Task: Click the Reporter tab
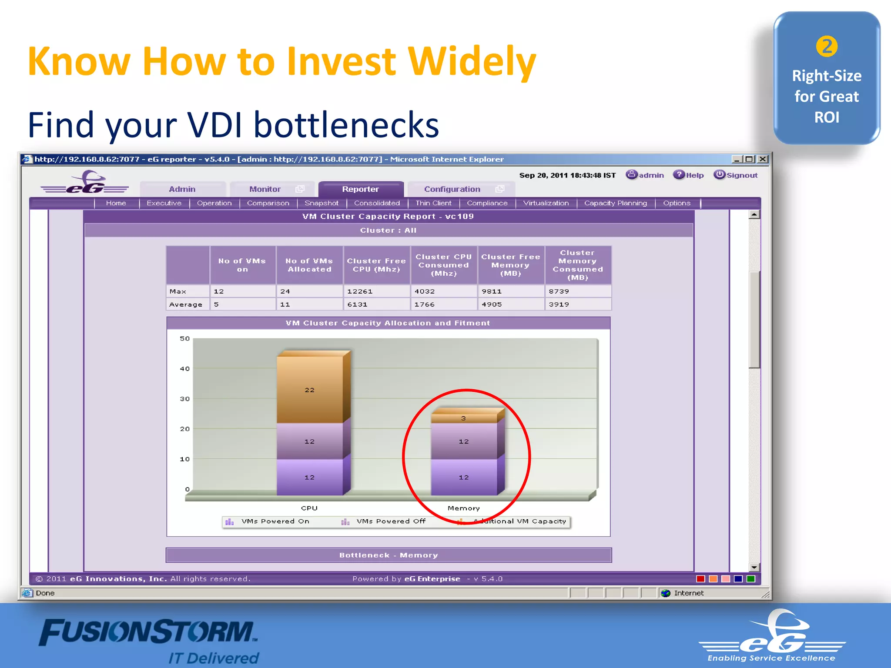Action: tap(360, 189)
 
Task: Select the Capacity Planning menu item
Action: tap(615, 203)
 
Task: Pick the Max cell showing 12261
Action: tap(376, 291)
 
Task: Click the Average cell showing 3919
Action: tap(577, 304)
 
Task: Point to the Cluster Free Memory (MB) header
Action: tap(510, 265)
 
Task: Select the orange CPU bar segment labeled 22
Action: tap(309, 390)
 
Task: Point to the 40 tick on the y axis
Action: tap(185, 369)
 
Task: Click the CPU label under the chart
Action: tap(309, 508)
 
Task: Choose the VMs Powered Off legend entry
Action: tap(391, 521)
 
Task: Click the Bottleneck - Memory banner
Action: tap(389, 555)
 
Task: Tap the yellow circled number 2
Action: tap(827, 47)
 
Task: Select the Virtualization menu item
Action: tap(546, 203)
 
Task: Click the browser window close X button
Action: tap(762, 159)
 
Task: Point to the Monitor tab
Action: tap(265, 189)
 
